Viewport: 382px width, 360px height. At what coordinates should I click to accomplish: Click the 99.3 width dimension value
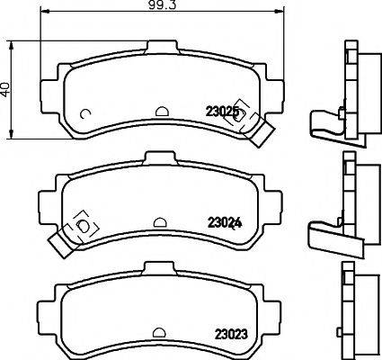[x=163, y=6]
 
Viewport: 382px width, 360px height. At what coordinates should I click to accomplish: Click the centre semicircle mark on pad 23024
[x=159, y=221]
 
